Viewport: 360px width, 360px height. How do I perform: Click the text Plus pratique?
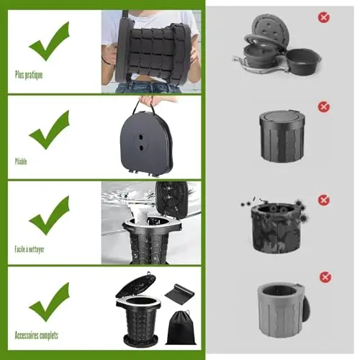click(29, 75)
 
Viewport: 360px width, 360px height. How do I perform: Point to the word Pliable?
click(21, 161)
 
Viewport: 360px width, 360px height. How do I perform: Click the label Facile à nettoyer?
click(30, 250)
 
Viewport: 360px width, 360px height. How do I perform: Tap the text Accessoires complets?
click(37, 336)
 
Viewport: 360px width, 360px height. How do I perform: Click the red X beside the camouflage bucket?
click(323, 200)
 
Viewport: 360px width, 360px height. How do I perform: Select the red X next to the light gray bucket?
click(325, 277)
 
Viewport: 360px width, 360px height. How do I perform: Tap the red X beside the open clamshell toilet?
click(324, 17)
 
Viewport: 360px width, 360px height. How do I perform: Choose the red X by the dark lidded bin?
click(323, 107)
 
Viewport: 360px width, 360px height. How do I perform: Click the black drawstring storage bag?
click(181, 328)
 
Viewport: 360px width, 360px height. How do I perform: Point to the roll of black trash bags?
click(179, 292)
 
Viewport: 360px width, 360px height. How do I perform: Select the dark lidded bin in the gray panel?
click(280, 136)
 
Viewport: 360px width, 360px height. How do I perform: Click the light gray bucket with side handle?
click(283, 310)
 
